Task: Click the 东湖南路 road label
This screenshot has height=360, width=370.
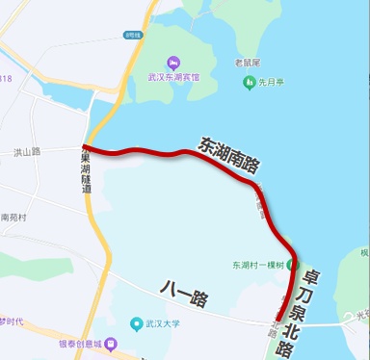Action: [229, 155]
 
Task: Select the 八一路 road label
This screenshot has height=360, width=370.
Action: [184, 293]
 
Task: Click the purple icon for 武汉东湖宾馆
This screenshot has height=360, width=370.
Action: [172, 63]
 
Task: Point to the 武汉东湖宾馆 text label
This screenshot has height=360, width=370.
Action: [173, 77]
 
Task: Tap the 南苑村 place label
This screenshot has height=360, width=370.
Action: [16, 219]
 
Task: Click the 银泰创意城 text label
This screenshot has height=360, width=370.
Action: [77, 345]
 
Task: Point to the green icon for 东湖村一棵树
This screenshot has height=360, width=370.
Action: [295, 264]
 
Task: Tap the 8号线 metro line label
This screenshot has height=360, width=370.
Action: [132, 35]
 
